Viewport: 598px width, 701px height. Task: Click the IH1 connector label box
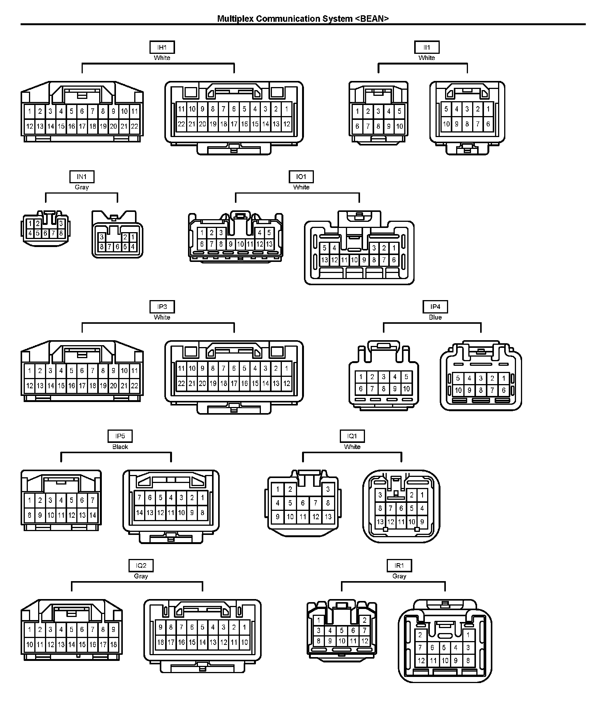[162, 47]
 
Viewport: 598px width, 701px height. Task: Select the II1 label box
[427, 47]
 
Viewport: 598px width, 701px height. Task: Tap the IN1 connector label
[82, 177]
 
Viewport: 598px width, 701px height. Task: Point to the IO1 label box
[301, 177]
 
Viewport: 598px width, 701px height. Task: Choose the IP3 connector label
[162, 307]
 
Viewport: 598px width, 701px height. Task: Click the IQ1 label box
[352, 436]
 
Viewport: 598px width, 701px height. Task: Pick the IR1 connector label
[399, 565]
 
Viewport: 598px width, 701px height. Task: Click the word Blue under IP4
[435, 317]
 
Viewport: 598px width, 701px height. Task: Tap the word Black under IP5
[120, 447]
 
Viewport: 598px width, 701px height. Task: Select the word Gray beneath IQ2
[141, 576]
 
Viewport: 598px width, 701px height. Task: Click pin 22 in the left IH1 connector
[135, 126]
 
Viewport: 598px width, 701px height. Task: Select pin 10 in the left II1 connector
[399, 126]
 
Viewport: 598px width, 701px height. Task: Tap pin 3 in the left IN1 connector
[61, 224]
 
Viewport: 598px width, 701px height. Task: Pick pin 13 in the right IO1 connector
[325, 260]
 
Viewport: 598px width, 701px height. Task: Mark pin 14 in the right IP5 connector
[140, 513]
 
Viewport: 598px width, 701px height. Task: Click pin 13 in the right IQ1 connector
[380, 522]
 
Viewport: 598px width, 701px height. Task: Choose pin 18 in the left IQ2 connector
[113, 644]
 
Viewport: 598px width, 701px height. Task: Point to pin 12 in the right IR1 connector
[421, 661]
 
